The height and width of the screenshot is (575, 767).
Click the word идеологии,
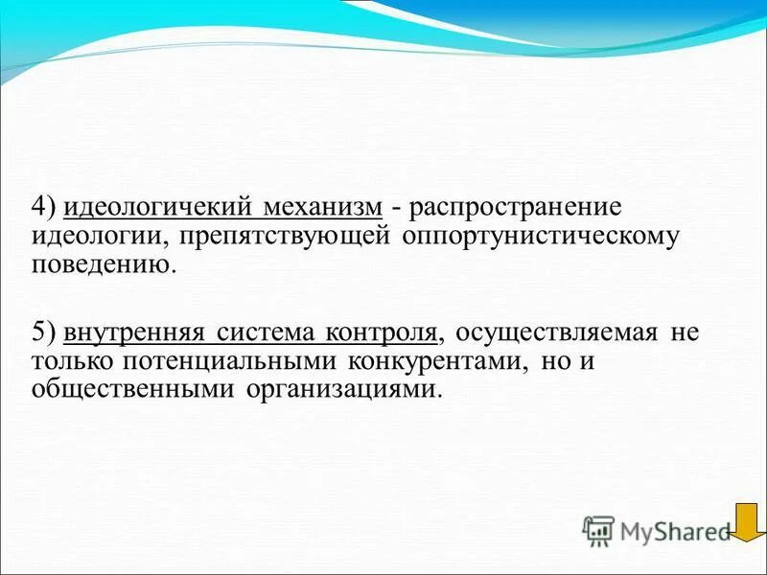(x=93, y=237)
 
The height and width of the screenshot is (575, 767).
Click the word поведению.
(x=104, y=264)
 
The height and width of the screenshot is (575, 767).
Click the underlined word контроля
(x=382, y=333)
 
